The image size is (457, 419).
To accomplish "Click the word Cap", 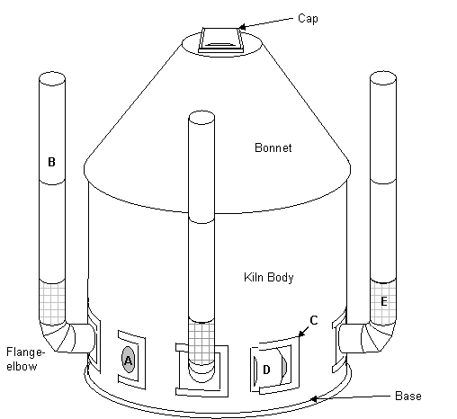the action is [308, 19].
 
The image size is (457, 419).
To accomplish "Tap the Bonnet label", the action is [273, 147].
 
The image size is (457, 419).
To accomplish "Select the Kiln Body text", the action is [269, 277].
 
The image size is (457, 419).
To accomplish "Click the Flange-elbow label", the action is [25, 359].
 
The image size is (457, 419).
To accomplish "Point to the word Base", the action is [408, 396].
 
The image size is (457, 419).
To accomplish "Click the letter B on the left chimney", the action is [51, 162].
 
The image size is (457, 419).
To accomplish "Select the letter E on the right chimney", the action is [383, 301].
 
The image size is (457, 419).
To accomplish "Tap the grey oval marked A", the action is [128, 360].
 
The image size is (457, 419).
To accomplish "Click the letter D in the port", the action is [266, 370].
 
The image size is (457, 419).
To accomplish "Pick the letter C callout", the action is [314, 320].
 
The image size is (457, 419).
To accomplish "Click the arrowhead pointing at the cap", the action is [242, 27].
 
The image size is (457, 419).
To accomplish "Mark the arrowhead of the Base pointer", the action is [313, 399].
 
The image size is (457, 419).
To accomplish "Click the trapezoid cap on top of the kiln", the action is [220, 40].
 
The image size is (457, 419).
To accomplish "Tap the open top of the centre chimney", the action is [202, 118].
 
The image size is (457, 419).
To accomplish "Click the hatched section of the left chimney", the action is [52, 303].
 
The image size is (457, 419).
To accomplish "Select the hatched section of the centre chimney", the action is [202, 342].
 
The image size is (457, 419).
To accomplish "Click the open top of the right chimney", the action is [383, 78].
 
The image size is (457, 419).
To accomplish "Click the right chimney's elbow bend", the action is [379, 336].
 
